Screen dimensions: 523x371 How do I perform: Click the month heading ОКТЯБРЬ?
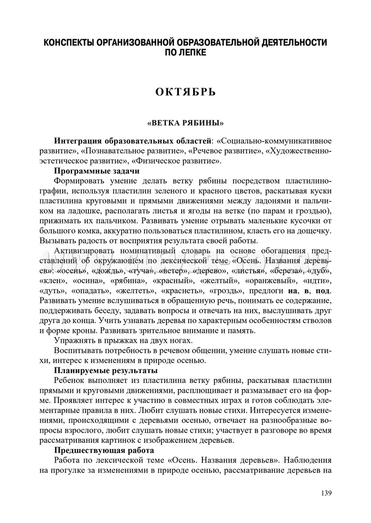[185, 91]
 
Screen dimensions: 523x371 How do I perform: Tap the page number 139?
[326, 493]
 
